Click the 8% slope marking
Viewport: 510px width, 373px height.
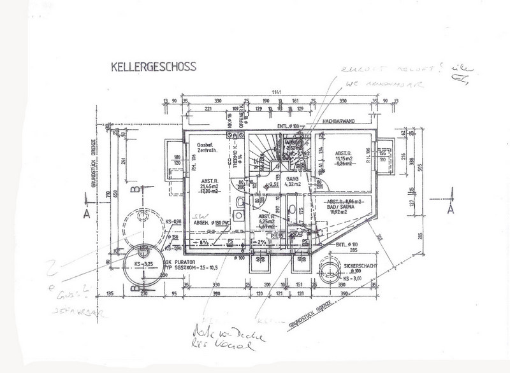coord(205,243)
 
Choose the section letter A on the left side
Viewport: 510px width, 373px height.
coord(85,215)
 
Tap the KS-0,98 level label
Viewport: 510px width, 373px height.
coord(173,221)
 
